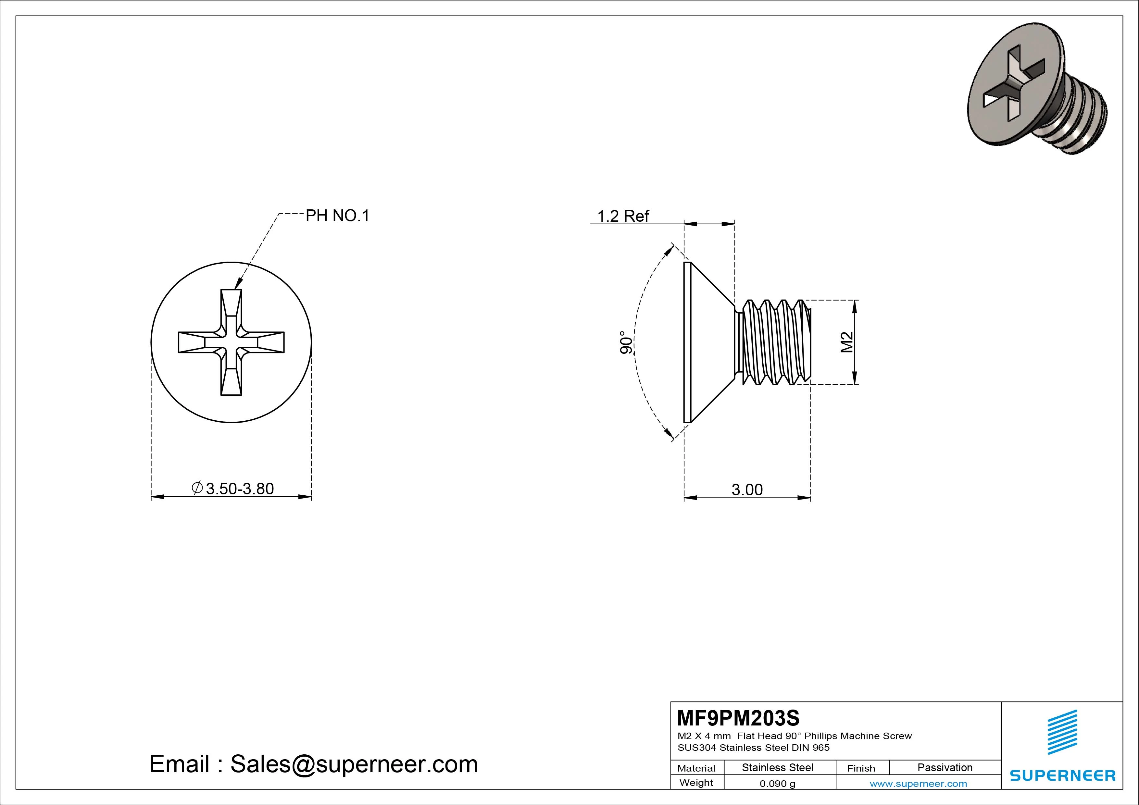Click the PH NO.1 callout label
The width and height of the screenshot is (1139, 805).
tap(337, 216)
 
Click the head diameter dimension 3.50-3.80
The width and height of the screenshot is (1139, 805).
tap(233, 489)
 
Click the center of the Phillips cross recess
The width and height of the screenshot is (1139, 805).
tap(231, 342)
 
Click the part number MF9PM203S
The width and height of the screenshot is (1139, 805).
tap(738, 718)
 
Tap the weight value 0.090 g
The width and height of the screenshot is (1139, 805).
tap(777, 784)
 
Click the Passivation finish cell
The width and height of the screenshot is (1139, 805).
tap(945, 768)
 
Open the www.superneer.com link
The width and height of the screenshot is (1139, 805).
tap(918, 784)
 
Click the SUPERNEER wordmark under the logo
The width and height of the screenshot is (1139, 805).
tap(1062, 775)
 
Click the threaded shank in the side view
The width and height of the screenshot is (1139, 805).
tap(774, 342)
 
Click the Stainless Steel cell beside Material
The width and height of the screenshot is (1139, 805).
tap(777, 768)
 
